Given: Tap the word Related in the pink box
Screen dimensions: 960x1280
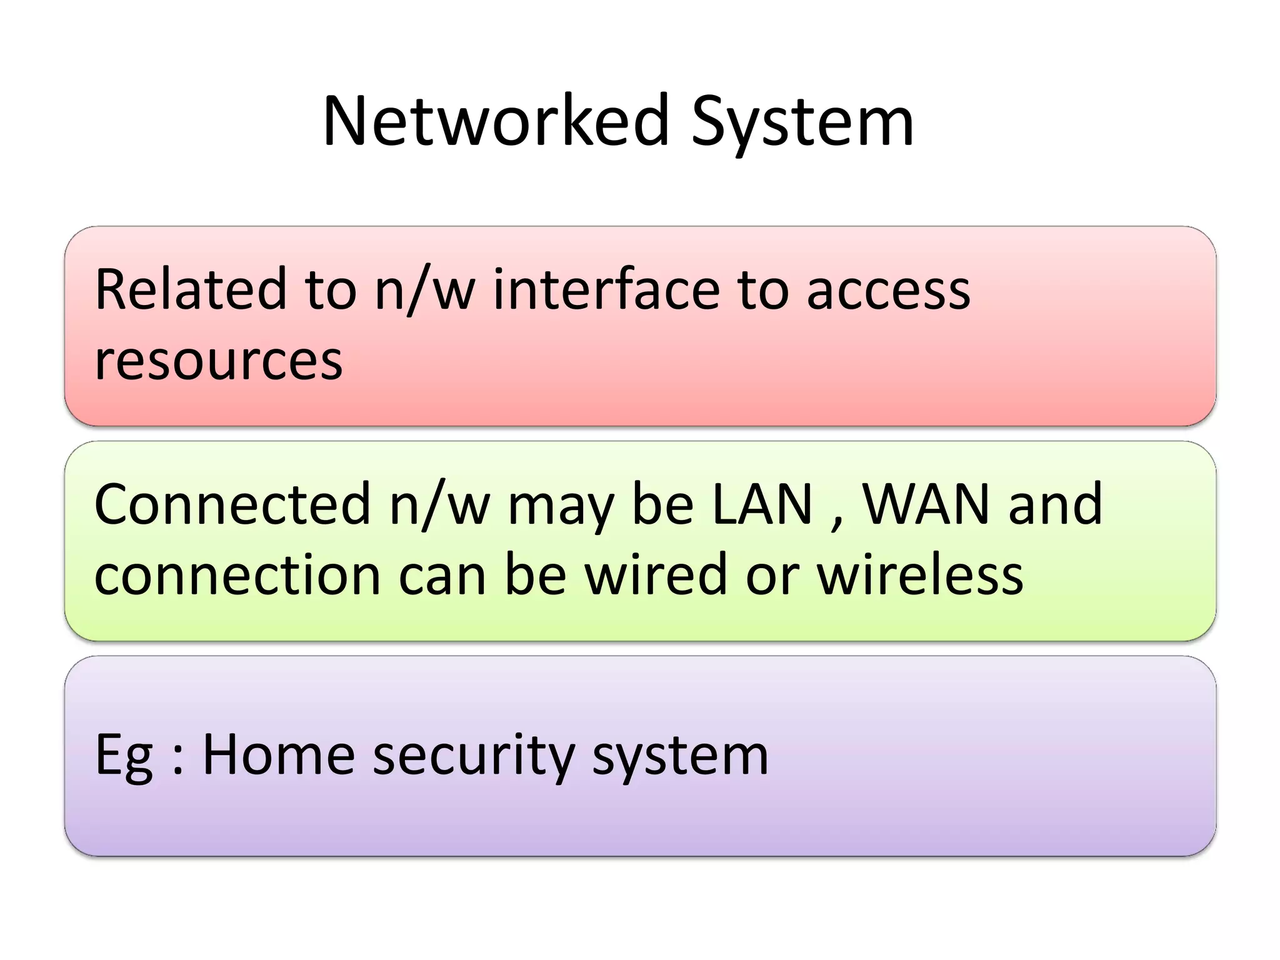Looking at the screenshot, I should coord(190,289).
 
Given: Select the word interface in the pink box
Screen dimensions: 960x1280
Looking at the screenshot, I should coord(606,289).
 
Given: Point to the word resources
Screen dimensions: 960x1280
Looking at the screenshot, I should coord(218,361).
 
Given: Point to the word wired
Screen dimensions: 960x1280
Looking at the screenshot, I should coord(656,575).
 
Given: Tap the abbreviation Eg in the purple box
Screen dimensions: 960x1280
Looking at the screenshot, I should coord(123,756).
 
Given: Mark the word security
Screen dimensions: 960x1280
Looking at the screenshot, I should coord(473,756).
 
